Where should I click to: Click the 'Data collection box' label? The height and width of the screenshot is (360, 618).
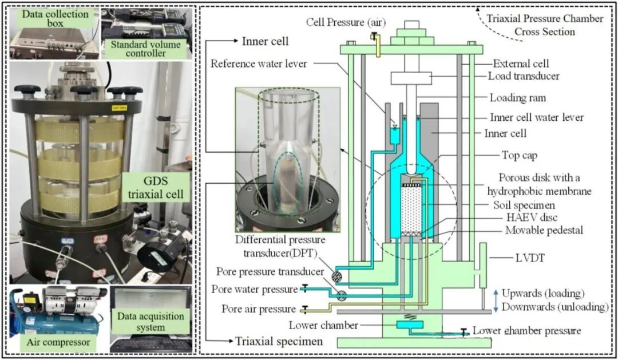click(x=55, y=18)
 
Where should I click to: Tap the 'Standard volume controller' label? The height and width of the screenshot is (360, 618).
click(x=145, y=49)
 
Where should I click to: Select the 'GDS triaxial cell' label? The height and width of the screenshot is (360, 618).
click(x=156, y=187)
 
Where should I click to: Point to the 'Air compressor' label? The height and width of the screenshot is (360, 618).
click(x=58, y=342)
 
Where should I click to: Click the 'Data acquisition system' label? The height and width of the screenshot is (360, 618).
click(x=150, y=321)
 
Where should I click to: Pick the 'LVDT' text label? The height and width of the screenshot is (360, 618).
click(x=530, y=258)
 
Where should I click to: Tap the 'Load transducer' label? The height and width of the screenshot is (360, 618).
click(x=524, y=76)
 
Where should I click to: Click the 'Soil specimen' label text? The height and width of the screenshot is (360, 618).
click(x=524, y=205)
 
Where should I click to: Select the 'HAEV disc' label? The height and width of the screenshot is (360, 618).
click(x=532, y=217)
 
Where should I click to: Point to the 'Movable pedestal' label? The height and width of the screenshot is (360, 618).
click(x=544, y=230)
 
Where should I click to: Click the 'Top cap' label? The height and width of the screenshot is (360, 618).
click(x=519, y=155)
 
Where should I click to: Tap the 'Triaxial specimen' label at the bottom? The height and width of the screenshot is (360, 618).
click(x=279, y=341)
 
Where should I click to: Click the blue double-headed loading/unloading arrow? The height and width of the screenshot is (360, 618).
click(x=496, y=300)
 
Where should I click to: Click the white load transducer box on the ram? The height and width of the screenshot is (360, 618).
click(x=411, y=78)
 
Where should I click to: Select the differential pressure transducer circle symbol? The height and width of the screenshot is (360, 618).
click(x=336, y=276)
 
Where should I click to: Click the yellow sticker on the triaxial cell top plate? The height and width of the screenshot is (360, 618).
click(x=118, y=107)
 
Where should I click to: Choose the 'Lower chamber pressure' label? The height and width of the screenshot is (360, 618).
click(x=526, y=330)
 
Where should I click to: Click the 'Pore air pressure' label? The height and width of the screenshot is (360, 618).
click(x=259, y=308)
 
